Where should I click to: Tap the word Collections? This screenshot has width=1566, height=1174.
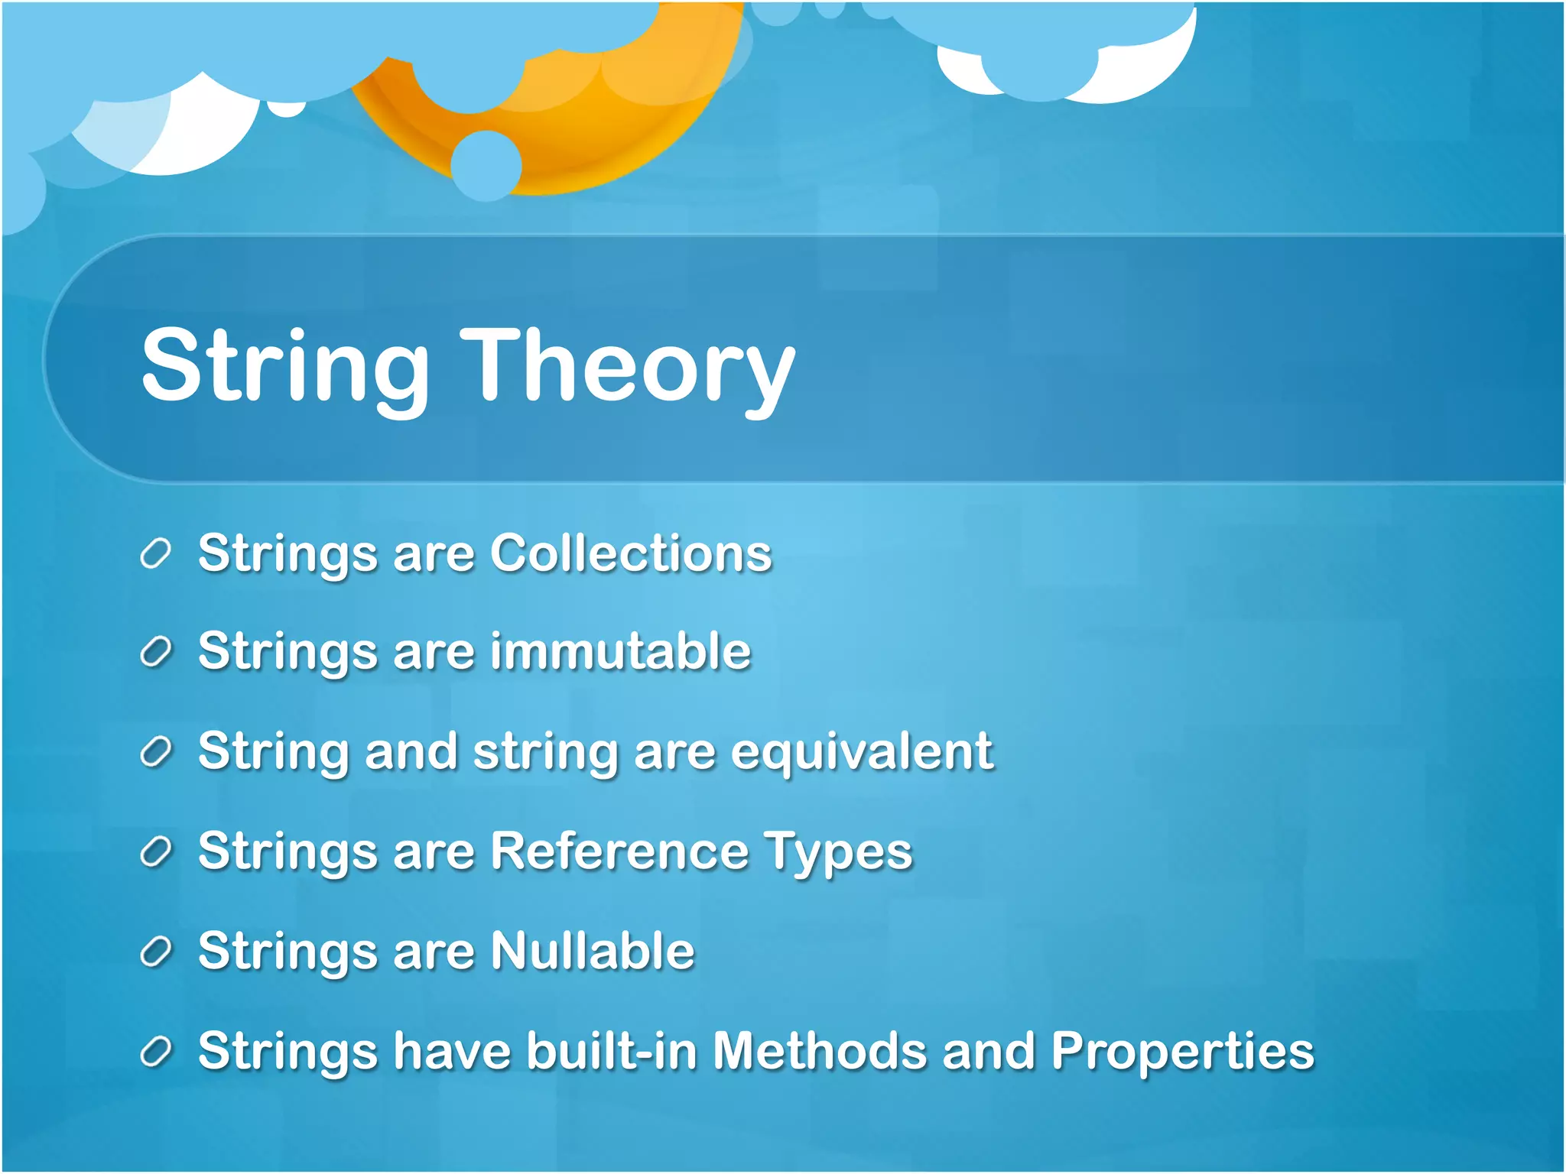(x=631, y=553)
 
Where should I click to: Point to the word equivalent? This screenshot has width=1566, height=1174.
(x=862, y=752)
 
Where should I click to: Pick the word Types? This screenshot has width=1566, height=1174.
(x=839, y=853)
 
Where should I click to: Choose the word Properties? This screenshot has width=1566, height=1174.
(x=1182, y=1052)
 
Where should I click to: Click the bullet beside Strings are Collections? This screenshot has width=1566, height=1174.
(x=155, y=553)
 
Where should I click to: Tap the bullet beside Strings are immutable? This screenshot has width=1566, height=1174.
(x=155, y=653)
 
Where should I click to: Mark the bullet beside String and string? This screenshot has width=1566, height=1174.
(x=155, y=753)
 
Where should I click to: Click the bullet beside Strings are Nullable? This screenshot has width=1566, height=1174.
(x=155, y=952)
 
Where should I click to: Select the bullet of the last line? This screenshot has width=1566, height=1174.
(x=155, y=1052)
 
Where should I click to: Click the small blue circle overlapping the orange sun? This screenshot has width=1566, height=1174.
(x=486, y=166)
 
